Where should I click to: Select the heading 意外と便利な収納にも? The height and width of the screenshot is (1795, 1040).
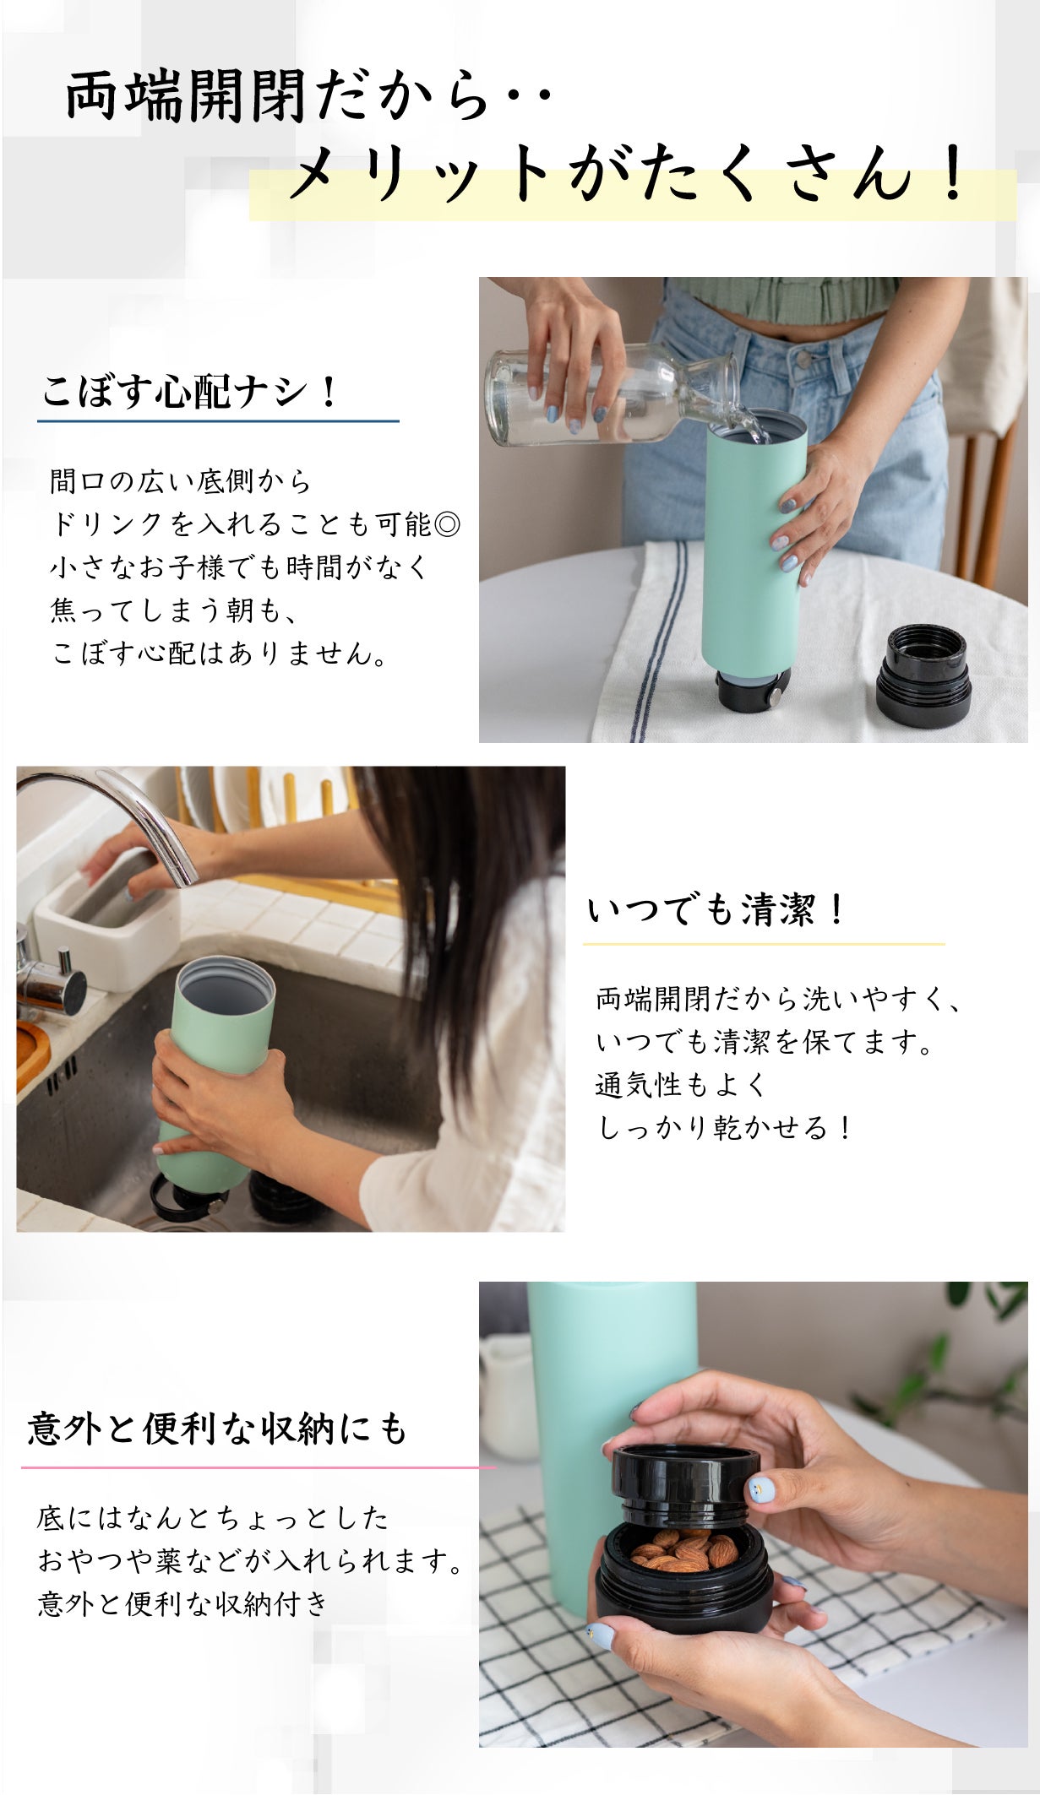point(218,1429)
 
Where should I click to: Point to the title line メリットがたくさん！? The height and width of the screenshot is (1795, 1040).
point(627,176)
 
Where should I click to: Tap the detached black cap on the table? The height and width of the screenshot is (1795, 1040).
point(923,675)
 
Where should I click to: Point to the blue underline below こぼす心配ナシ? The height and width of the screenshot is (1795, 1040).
point(218,420)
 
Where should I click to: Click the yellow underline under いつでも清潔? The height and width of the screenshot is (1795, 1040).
point(764,943)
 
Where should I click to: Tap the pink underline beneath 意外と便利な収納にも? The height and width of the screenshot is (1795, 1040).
point(259,1467)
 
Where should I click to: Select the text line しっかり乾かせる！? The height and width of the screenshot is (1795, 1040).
point(725,1127)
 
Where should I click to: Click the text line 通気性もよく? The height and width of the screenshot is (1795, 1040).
point(680,1084)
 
